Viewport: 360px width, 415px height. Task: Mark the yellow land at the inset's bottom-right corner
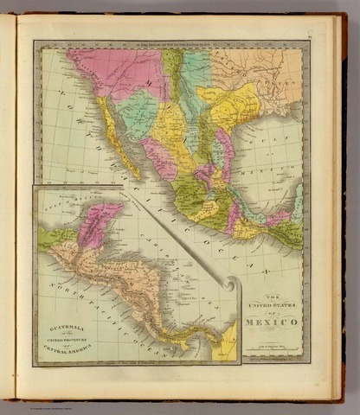coord(226,346)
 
